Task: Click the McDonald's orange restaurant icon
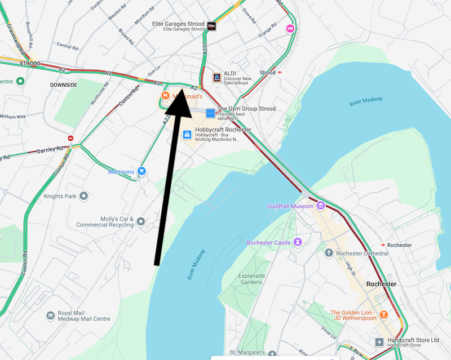pos(165,96)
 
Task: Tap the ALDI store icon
pos(216,77)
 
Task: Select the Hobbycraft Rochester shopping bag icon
pos(187,134)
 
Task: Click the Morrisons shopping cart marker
pos(142,171)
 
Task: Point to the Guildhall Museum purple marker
pos(321,206)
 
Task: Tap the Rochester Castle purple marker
pos(298,242)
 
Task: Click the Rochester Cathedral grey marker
pos(329,253)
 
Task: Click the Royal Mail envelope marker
pos(51,315)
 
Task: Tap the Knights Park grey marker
pos(84,196)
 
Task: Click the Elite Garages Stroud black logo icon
pos(212,26)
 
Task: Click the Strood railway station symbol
pos(280,72)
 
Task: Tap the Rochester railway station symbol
pos(383,245)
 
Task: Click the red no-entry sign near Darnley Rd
pos(70,138)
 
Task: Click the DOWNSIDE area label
pos(63,85)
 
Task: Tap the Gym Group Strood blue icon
pos(210,113)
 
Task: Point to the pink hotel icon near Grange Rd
pos(291,29)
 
